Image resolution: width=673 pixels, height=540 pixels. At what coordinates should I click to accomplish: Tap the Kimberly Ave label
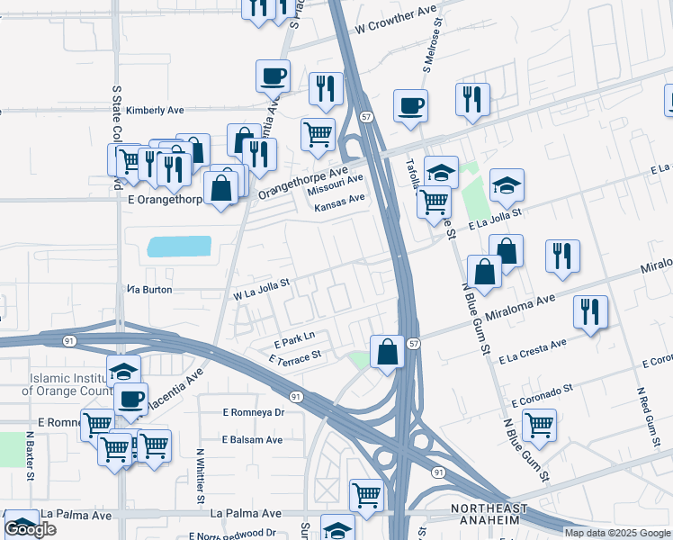coord(155,111)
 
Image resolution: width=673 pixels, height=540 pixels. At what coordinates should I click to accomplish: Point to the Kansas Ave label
coord(339,203)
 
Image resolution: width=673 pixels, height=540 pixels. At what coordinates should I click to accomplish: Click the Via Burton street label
coord(149,290)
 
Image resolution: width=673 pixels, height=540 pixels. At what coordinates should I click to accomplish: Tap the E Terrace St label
coord(295,358)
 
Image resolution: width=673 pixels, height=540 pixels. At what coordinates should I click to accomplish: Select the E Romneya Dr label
coord(254,412)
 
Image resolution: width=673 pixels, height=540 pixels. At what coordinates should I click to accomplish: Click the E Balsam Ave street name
coord(253,440)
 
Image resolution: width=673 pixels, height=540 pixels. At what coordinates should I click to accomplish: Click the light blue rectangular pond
coord(178,247)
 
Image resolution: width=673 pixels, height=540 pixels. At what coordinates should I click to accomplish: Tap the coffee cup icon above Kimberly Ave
coord(273,76)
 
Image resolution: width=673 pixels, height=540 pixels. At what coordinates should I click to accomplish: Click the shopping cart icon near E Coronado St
coord(539,425)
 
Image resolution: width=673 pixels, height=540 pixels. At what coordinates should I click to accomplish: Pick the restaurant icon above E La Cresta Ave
coord(590,312)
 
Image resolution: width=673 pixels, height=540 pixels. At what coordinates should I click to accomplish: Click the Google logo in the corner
coord(30,529)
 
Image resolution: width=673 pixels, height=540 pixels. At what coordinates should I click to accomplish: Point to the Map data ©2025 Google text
coord(616,533)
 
